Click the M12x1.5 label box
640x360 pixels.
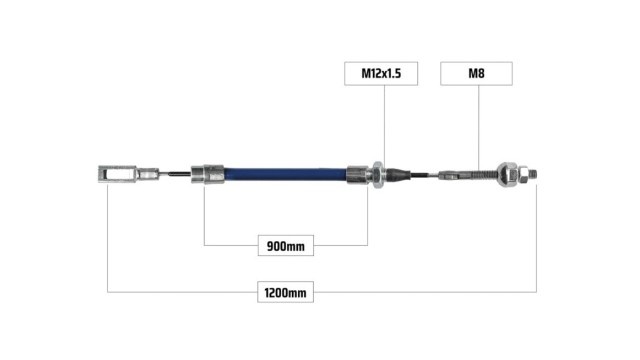click(381, 73)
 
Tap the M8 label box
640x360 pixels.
click(476, 73)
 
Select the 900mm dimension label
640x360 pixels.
click(286, 246)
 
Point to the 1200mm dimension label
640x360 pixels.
click(285, 292)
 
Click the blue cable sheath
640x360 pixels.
click(285, 175)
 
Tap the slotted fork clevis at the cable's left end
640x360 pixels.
click(117, 174)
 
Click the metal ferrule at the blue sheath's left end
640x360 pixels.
click(208, 174)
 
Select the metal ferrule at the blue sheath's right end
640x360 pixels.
click(358, 175)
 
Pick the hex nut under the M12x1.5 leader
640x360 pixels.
click(378, 175)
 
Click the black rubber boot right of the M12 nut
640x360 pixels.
click(399, 175)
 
